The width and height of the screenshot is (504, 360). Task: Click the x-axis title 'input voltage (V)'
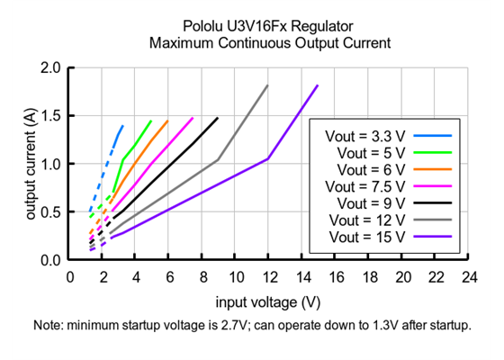pyautogui.click(x=268, y=301)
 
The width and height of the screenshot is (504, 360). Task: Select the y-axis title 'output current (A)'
pyautogui.click(x=31, y=164)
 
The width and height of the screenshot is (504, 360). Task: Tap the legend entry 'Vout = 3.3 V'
pyautogui.click(x=364, y=136)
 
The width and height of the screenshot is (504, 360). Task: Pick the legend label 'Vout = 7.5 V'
pyautogui.click(x=364, y=186)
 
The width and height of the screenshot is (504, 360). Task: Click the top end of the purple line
pyautogui.click(x=318, y=85)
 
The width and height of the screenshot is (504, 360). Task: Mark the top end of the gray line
pyautogui.click(x=267, y=85)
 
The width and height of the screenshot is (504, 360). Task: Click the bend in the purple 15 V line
pyautogui.click(x=268, y=158)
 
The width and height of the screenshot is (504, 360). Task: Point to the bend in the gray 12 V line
pyautogui.click(x=218, y=160)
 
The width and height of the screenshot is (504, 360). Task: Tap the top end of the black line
pyautogui.click(x=217, y=118)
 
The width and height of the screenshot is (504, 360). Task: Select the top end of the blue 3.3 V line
pyautogui.click(x=122, y=126)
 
